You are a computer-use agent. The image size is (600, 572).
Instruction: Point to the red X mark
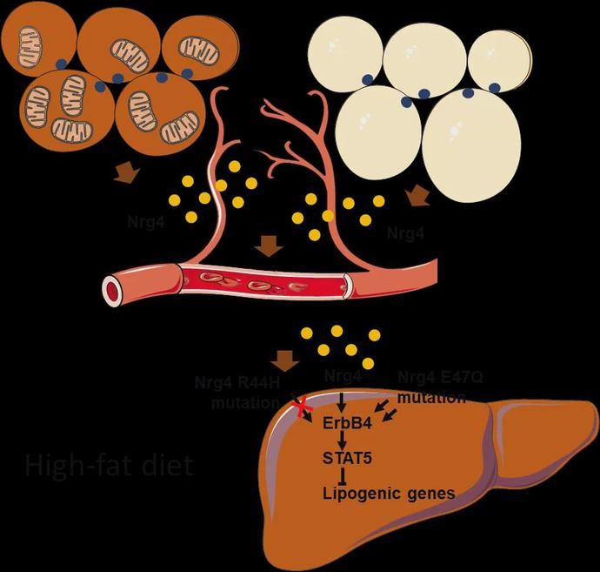[303, 407]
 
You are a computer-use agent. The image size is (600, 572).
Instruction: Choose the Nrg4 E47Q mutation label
[432, 387]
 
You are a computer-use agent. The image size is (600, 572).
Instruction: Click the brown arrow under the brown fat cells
[125, 176]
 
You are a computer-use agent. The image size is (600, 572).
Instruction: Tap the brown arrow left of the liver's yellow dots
[284, 357]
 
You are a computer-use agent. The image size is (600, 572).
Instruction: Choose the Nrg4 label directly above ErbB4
[343, 376]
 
